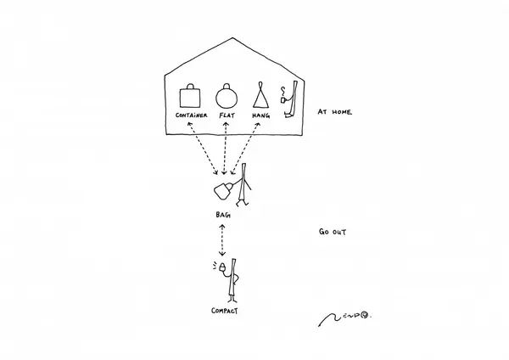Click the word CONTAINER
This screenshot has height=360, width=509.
(191, 115)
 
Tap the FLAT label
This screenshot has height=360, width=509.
(227, 115)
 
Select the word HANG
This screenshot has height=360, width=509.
(261, 115)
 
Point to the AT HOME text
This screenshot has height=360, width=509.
(334, 112)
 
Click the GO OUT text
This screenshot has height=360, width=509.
(333, 232)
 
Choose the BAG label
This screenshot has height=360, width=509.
(223, 215)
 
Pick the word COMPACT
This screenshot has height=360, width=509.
(224, 311)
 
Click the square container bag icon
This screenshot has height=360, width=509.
(190, 96)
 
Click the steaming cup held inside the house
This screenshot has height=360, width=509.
(283, 99)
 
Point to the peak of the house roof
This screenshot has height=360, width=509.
(232, 38)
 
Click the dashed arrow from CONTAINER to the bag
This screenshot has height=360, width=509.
(203, 148)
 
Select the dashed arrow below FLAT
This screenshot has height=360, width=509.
(225, 148)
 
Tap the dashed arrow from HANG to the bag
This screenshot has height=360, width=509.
(245, 148)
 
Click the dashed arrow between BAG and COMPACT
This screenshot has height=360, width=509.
(222, 240)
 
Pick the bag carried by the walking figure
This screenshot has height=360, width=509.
(223, 191)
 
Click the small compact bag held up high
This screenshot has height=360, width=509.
(222, 267)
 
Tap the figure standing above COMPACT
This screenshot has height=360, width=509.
(232, 280)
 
